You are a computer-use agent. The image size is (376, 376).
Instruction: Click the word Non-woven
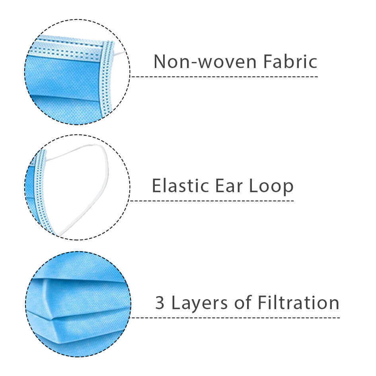(205, 62)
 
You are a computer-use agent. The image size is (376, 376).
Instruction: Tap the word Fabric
(290, 61)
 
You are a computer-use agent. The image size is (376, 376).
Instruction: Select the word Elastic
(181, 185)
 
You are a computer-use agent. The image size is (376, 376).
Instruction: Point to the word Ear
(229, 185)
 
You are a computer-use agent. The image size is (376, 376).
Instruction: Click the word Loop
(271, 186)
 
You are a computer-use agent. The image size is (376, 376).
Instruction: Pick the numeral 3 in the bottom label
(160, 303)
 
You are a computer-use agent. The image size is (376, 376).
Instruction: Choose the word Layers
(199, 303)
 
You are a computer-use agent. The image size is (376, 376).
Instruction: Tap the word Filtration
(298, 302)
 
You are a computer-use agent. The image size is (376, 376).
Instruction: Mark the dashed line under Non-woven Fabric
(224, 77)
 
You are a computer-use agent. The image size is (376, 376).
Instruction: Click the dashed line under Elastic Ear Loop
(212, 201)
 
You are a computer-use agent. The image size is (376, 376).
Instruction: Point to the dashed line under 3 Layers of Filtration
(235, 318)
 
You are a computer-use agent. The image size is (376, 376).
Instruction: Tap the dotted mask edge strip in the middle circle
(42, 189)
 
